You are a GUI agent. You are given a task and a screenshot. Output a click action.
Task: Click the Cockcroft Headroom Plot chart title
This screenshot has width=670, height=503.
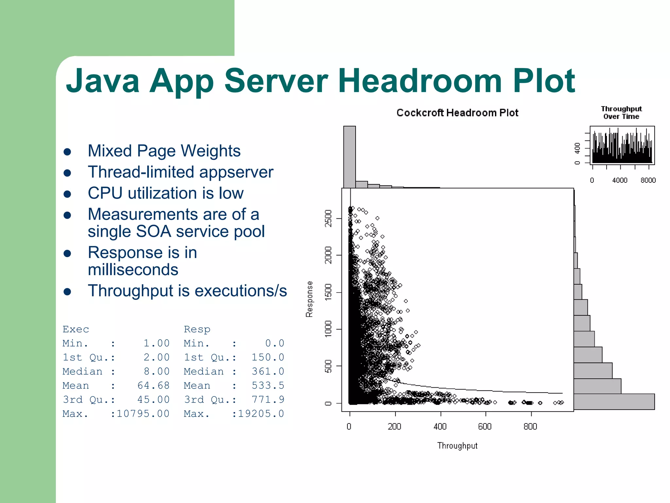point(457,113)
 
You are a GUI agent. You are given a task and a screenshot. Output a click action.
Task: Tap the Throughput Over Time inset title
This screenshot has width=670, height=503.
point(621,113)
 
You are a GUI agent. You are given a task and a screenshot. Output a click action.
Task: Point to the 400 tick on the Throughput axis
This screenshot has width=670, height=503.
point(440,426)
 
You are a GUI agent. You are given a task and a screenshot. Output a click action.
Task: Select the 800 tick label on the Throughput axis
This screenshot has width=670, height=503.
point(530,426)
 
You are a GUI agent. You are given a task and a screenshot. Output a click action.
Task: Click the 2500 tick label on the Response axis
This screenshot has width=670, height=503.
point(328,218)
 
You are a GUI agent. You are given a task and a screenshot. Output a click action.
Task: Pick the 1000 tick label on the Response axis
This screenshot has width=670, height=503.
point(328,329)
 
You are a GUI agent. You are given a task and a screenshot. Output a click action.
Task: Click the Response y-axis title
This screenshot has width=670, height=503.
point(309,299)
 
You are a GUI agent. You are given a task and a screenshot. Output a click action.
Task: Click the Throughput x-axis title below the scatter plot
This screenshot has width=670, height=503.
point(457,446)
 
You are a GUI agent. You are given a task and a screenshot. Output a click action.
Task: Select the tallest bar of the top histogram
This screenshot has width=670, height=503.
point(349,157)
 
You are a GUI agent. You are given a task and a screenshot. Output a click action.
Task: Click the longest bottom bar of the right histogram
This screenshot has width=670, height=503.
point(614,401)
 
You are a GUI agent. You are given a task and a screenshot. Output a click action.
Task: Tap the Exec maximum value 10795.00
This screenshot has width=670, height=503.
point(143,414)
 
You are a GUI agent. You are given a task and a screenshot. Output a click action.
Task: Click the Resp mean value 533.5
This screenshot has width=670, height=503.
point(268,385)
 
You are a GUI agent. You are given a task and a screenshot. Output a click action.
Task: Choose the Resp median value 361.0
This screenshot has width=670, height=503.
point(268,371)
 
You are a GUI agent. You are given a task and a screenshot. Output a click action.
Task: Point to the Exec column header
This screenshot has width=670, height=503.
point(76,329)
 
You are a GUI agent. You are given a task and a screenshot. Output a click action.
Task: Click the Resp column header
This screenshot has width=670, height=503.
point(197,329)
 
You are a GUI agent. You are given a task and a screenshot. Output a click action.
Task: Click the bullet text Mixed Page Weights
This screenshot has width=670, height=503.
point(164,151)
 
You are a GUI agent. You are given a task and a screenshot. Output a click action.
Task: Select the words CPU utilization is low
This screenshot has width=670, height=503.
point(166,193)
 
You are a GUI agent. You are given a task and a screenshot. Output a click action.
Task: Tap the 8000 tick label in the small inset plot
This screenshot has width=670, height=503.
point(648,180)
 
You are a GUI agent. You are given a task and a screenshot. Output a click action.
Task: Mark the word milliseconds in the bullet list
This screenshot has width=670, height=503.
point(133,270)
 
